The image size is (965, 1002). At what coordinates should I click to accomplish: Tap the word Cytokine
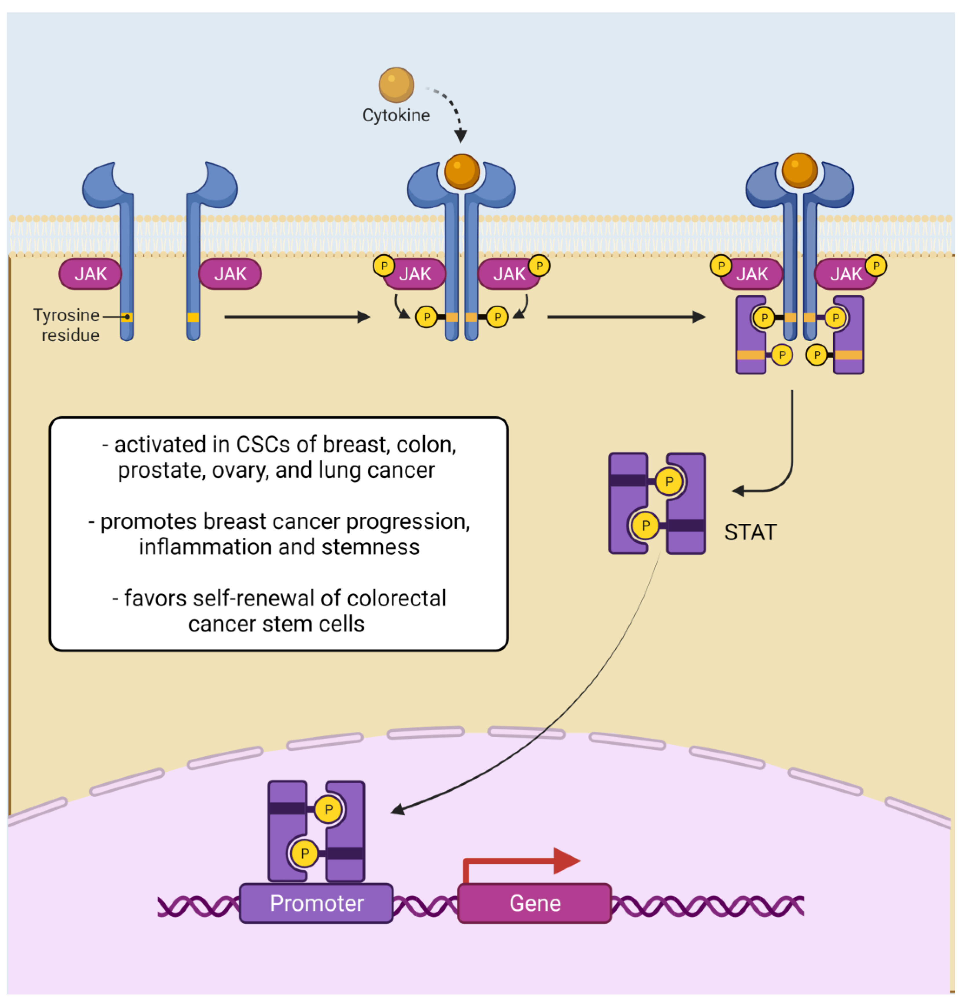tap(396, 116)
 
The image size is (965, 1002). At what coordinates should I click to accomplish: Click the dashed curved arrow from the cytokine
tap(452, 107)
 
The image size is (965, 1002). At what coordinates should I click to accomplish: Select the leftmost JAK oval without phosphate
tap(90, 274)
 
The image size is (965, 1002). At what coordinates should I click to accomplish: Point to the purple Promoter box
tap(316, 903)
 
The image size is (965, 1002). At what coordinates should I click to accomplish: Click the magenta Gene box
tap(534, 903)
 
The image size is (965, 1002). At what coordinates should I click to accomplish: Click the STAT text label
tap(750, 532)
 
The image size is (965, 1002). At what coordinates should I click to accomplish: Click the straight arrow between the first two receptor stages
tap(296, 317)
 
